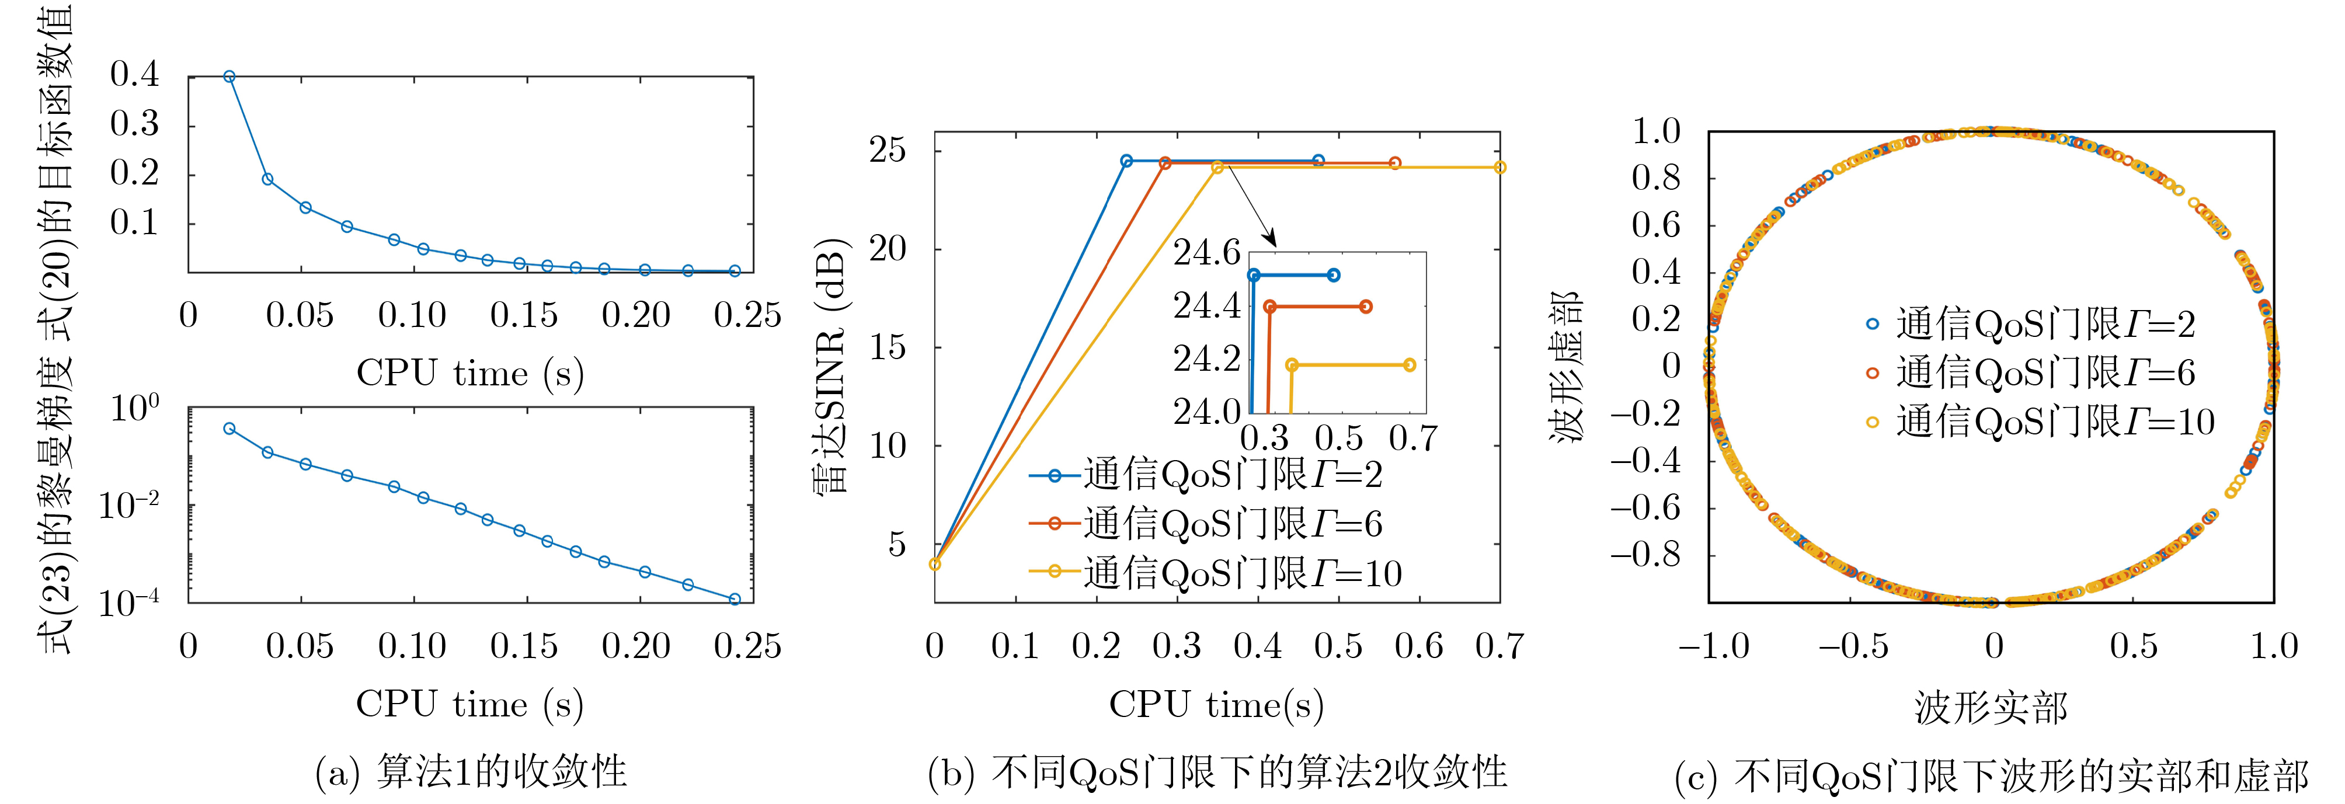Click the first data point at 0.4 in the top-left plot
tap(229, 76)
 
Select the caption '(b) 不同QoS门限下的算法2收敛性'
tap(1216, 772)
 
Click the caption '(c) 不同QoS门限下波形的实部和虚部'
tap(1991, 776)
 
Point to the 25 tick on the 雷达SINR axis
tap(888, 149)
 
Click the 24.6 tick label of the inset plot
tap(1206, 252)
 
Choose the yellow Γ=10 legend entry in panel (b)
tap(1215, 573)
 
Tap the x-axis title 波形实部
tap(1991, 706)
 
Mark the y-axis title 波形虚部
tap(1565, 366)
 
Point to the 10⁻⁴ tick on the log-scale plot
tap(128, 603)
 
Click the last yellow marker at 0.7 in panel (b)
tap(1500, 168)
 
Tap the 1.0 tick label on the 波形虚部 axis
tap(1656, 131)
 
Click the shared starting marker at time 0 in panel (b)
tap(935, 565)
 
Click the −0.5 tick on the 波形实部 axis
tap(1853, 646)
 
